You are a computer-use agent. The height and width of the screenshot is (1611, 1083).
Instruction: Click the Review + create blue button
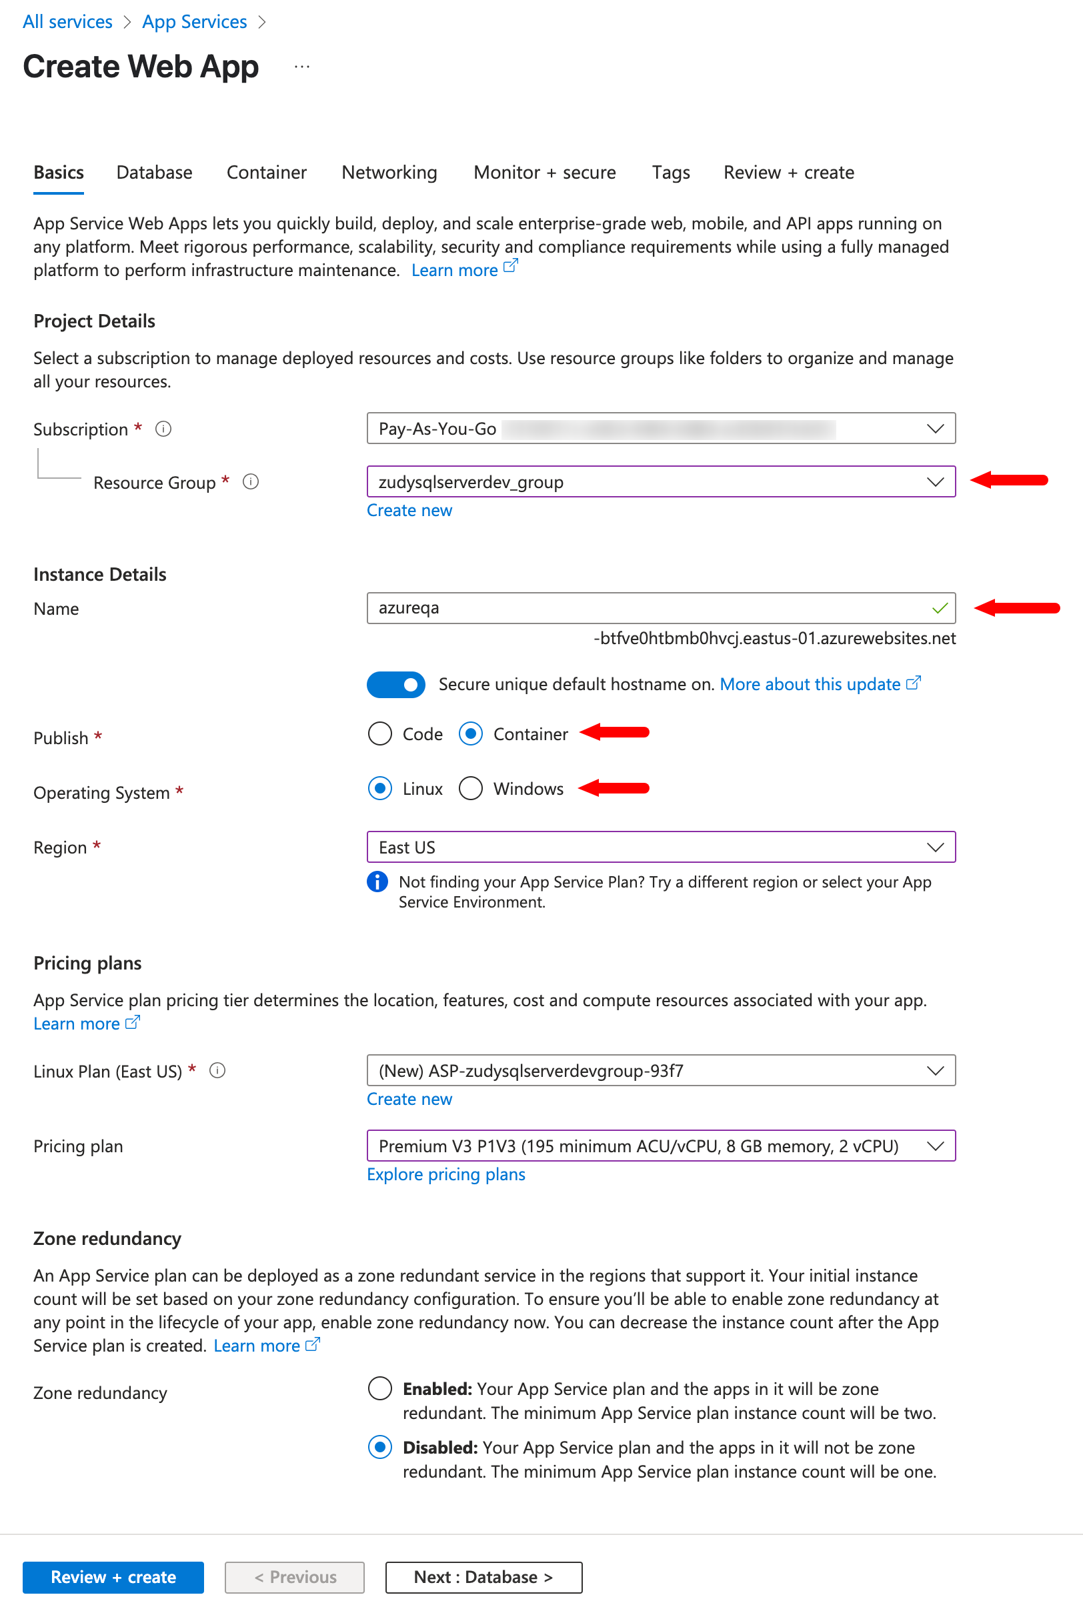[x=113, y=1576]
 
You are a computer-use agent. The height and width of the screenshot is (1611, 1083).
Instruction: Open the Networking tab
[x=389, y=172]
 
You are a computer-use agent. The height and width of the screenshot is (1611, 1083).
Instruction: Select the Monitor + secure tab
[x=544, y=172]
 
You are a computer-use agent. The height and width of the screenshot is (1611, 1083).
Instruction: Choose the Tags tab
[x=671, y=172]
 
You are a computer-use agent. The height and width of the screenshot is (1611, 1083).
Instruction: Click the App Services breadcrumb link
[x=194, y=21]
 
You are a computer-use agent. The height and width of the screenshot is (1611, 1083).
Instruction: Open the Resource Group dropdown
[x=660, y=481]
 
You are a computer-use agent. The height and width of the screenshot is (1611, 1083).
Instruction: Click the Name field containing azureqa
[x=650, y=607]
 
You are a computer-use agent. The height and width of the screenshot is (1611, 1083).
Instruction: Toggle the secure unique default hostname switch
[x=395, y=684]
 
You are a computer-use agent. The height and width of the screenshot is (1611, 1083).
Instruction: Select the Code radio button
[x=380, y=733]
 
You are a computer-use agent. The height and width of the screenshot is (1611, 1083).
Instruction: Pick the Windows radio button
[x=470, y=788]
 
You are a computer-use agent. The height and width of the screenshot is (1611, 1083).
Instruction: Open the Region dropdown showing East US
[x=660, y=847]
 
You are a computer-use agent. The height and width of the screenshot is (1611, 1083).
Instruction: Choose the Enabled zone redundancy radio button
[x=380, y=1388]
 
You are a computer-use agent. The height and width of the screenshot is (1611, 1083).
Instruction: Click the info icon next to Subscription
[x=163, y=429]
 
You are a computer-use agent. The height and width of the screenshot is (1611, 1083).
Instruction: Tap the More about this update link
[x=810, y=683]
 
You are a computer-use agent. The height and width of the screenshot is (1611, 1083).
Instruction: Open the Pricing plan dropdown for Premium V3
[x=660, y=1146]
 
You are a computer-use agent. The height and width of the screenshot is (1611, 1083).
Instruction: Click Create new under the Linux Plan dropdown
[x=409, y=1099]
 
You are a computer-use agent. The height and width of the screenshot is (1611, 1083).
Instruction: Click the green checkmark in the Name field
[x=940, y=608]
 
